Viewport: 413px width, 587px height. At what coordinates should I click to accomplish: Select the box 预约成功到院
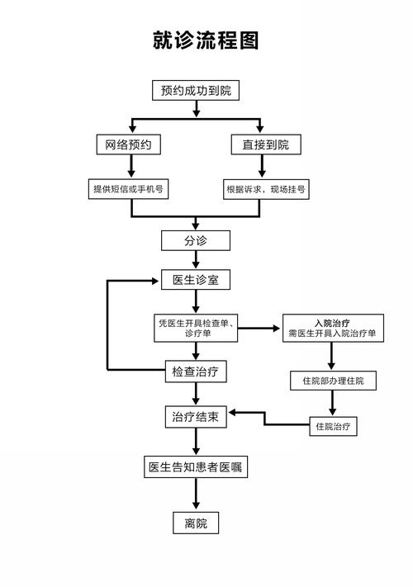coord(196,90)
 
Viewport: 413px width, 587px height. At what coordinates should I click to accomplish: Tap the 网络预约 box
coord(128,144)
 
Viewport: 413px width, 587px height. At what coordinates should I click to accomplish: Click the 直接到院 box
coord(265,144)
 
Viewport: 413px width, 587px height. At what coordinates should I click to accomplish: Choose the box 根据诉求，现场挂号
coord(266,189)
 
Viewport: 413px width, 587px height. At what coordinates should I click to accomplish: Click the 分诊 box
coord(196,240)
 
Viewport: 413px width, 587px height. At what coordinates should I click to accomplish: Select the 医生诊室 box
coord(196,281)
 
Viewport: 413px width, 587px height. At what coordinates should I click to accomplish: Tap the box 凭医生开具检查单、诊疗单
coord(196,328)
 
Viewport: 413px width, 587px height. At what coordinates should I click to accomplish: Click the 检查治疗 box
coord(195,372)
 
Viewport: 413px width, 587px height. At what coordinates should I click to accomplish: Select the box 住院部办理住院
coord(333,381)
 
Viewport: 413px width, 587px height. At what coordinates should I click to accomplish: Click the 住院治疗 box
coord(333,427)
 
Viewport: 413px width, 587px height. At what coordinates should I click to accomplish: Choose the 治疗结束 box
coord(196,417)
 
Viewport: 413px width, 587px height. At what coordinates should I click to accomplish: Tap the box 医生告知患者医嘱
coord(196,467)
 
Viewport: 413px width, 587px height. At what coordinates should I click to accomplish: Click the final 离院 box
coord(196,523)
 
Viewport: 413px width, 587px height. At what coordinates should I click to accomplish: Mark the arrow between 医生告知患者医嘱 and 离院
coord(196,495)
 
